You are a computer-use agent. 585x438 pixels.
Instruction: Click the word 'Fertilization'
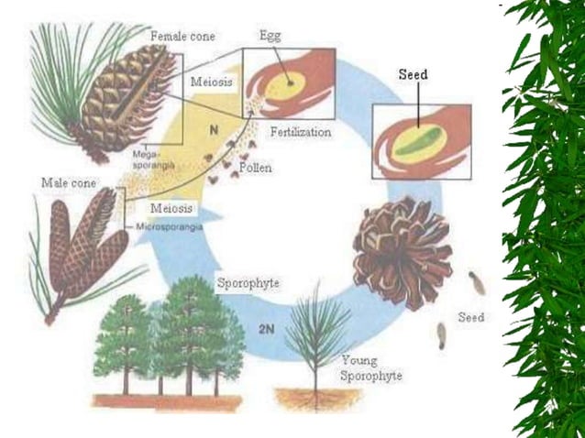click(300, 132)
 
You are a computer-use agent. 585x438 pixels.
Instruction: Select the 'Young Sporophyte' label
click(370, 368)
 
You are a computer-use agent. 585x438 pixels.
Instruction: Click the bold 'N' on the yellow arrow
click(213, 131)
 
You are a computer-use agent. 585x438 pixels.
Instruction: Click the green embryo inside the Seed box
click(424, 148)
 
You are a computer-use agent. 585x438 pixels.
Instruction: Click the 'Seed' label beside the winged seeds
click(471, 318)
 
